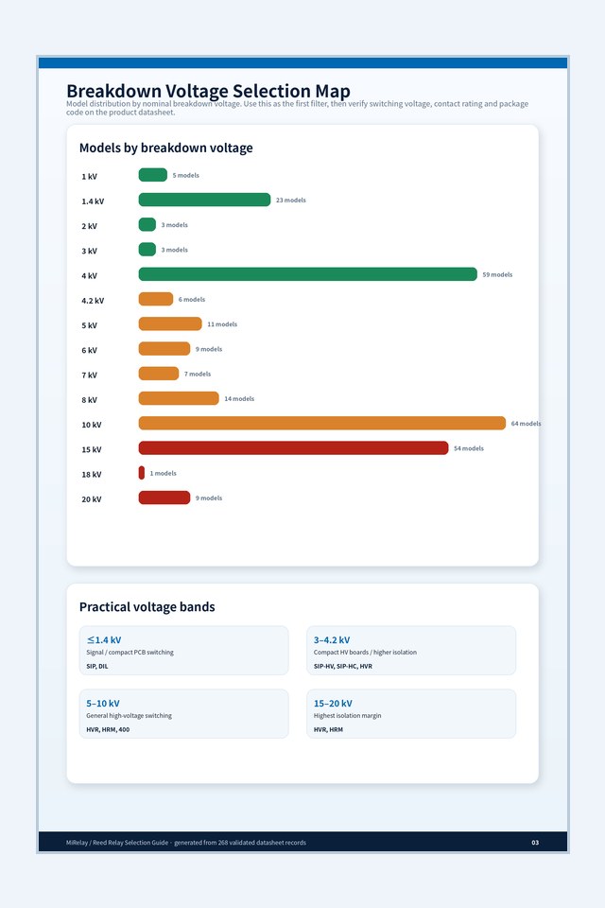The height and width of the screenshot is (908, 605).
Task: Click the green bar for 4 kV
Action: (x=307, y=274)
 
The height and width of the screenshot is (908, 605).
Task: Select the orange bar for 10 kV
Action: (x=322, y=423)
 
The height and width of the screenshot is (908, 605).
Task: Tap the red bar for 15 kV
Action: (x=293, y=447)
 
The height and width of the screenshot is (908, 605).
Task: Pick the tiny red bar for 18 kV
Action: (x=141, y=473)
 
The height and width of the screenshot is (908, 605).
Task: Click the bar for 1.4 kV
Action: (x=204, y=200)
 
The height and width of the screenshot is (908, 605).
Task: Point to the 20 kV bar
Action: (x=164, y=498)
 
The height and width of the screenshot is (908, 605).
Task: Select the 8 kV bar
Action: (x=179, y=398)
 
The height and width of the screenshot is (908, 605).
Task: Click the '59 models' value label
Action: (x=497, y=274)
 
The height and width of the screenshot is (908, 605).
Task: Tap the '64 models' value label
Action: (x=526, y=424)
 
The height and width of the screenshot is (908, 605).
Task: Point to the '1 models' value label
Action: (x=164, y=473)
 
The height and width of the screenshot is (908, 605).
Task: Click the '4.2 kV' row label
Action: (x=93, y=301)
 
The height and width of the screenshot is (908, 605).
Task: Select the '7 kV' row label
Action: (x=89, y=375)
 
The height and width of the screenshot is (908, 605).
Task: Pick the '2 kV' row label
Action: (x=89, y=226)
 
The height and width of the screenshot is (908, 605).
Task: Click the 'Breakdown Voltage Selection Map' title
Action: (x=208, y=91)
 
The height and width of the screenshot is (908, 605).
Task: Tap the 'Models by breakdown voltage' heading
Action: (x=166, y=148)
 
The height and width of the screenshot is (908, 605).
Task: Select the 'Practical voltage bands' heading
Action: (x=147, y=607)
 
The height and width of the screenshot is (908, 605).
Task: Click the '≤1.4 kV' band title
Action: (x=104, y=640)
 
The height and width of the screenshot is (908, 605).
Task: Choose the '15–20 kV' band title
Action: (x=333, y=704)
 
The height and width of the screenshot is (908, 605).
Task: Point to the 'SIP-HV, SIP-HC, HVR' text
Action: (x=343, y=667)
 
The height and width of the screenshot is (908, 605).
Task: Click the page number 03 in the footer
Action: (x=535, y=843)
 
